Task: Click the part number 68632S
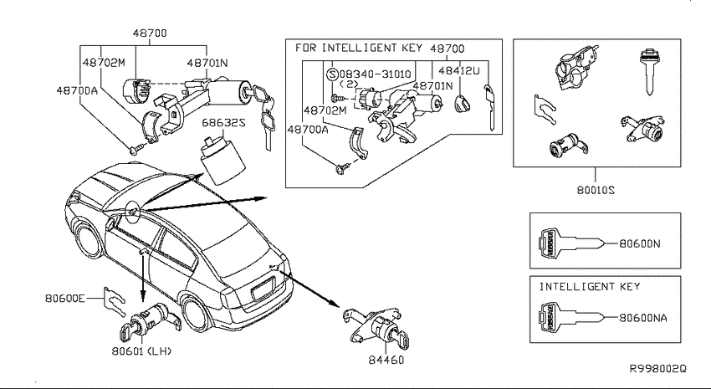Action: coord(223,123)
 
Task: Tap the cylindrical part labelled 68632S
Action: coord(222,160)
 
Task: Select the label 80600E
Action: coord(65,299)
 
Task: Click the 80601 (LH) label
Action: coord(141,351)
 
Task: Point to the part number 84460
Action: coord(386,360)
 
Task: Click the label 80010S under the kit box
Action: coord(596,191)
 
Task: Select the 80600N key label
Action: coord(639,244)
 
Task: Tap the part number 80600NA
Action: coord(642,318)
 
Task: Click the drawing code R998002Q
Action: coord(657,369)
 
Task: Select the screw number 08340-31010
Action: coord(375,74)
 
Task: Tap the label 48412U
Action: coord(459,71)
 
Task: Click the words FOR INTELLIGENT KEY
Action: coord(359,48)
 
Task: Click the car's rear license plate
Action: coord(263,289)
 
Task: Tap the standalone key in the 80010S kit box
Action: coord(650,71)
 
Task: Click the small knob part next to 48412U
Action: coord(462,104)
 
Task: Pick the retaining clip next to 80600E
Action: coord(114,301)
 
